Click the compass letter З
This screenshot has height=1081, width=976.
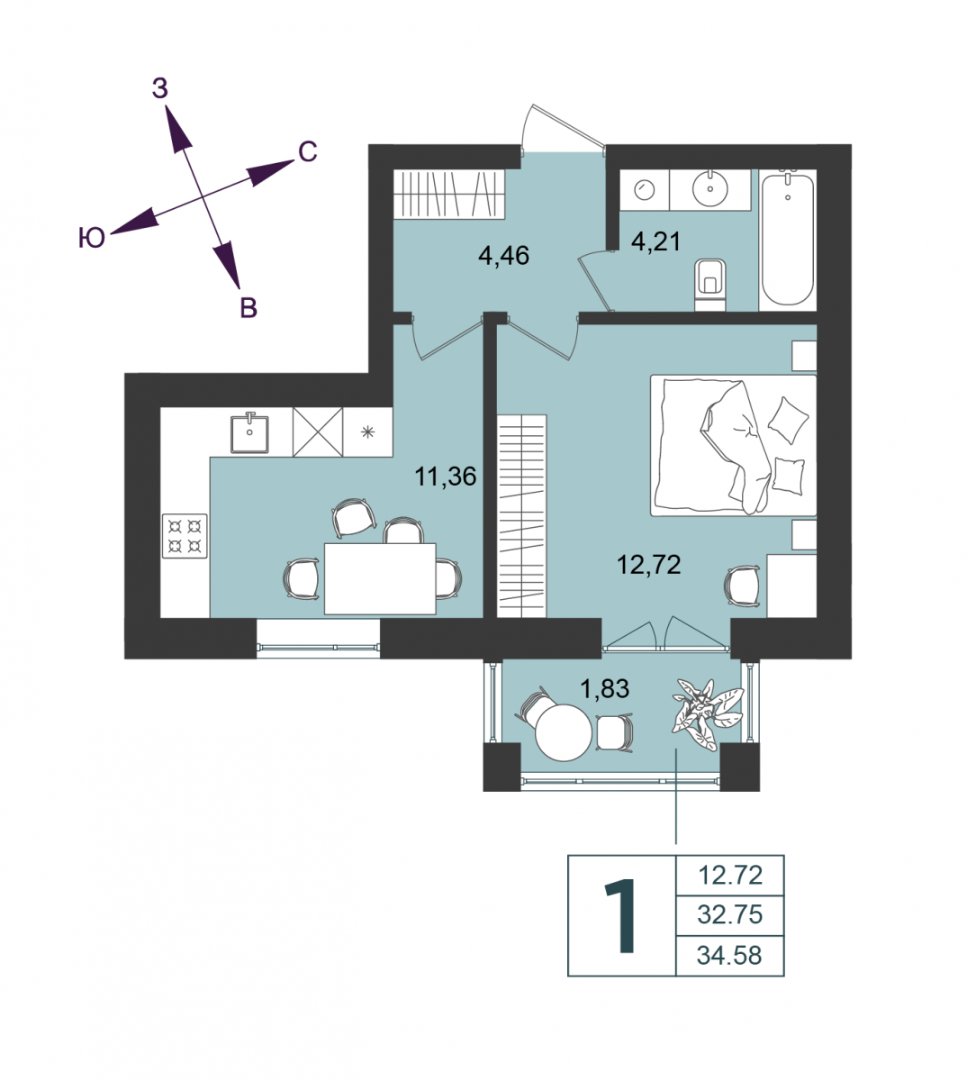click(160, 88)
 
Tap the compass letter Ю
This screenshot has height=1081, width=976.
click(92, 238)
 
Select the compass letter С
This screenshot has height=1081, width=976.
click(308, 152)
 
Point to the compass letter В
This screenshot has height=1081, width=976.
click(249, 308)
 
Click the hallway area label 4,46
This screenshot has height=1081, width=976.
click(503, 256)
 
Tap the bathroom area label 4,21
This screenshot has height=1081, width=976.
click(656, 241)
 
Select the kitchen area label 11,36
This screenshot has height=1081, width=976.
click(446, 477)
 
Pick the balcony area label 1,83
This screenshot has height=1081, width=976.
click(604, 689)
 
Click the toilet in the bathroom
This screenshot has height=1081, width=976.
click(710, 285)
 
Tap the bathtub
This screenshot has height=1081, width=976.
click(788, 240)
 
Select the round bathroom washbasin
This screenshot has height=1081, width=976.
click(709, 188)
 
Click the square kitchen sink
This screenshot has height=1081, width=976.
click(249, 433)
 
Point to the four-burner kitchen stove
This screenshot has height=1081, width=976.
click(185, 536)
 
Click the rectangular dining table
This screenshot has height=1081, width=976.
click(380, 578)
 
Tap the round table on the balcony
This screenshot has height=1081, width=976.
click(564, 732)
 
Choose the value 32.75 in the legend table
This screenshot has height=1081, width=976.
click(730, 915)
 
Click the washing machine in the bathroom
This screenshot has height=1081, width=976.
click(644, 190)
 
